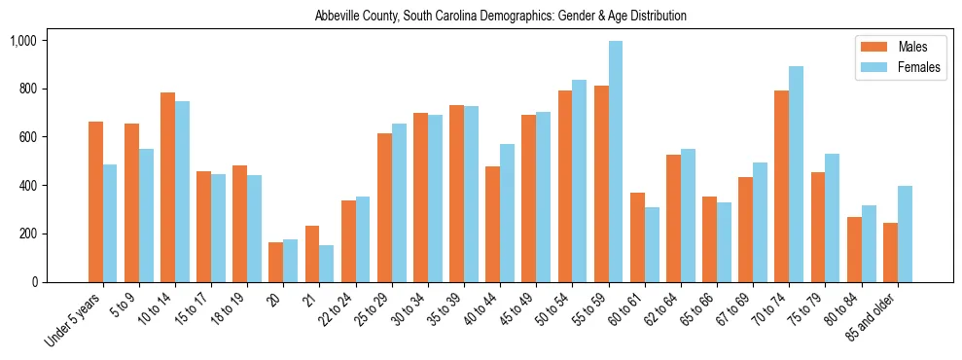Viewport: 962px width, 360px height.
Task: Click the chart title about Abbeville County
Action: pos(500,16)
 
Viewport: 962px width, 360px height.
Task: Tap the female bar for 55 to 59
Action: pos(616,162)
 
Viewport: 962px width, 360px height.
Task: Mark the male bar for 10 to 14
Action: pos(167,187)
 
